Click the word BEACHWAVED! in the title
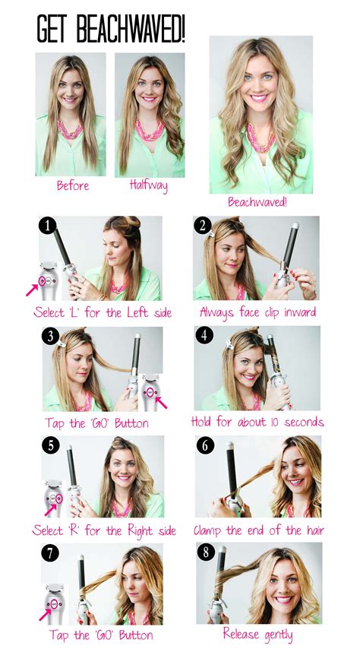point(131,29)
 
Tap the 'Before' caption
point(73,185)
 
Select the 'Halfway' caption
point(149,185)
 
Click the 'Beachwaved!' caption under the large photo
point(257,201)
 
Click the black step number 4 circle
point(204,335)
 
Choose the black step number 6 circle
point(205,445)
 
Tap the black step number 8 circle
point(206,552)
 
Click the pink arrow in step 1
point(32,290)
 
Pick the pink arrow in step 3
point(162,402)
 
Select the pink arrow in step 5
point(51,509)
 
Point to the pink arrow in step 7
point(45,615)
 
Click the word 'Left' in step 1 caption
point(135,312)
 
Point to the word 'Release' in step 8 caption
point(242,634)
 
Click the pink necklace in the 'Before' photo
point(70,129)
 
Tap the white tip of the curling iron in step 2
point(295,226)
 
